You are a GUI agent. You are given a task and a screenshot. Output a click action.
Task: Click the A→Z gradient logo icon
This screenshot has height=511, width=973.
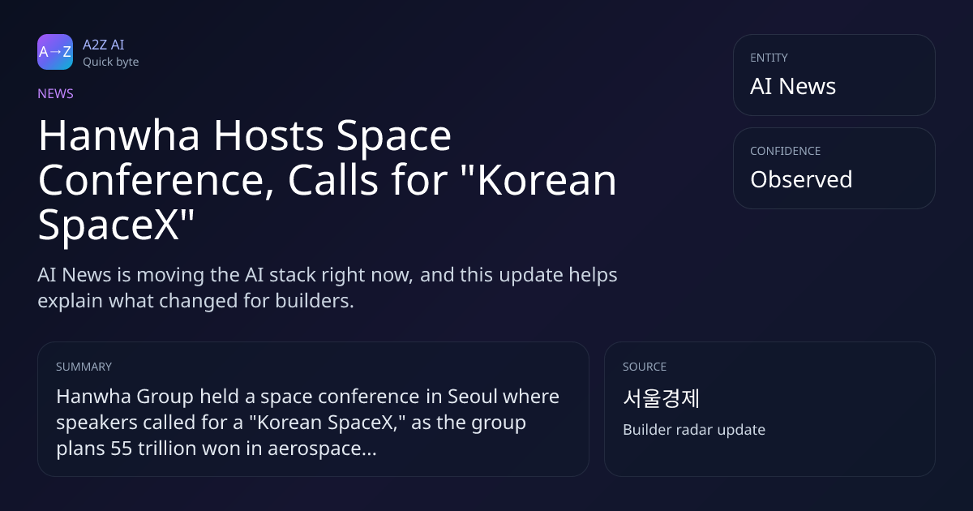click(55, 52)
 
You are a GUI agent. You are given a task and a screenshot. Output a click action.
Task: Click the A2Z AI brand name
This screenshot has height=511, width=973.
click(104, 45)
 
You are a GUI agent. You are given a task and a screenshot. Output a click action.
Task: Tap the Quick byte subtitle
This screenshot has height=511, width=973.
click(111, 62)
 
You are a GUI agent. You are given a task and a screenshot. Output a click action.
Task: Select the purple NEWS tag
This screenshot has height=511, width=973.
click(56, 94)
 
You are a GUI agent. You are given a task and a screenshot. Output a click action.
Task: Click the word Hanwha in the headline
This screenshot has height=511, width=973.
click(119, 135)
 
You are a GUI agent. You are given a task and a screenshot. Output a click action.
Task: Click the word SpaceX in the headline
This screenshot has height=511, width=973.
click(109, 225)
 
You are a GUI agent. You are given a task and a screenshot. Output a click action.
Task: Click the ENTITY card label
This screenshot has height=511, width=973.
click(769, 58)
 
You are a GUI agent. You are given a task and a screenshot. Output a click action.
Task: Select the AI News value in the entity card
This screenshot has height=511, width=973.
click(793, 86)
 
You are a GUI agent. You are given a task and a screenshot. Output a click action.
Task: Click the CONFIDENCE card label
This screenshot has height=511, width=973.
click(786, 151)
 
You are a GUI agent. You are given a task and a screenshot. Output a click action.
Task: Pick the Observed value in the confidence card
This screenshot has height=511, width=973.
click(801, 179)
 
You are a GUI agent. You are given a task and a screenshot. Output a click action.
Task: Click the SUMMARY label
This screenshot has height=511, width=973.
click(84, 367)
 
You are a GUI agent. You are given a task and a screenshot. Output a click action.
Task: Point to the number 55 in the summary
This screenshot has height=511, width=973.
click(121, 449)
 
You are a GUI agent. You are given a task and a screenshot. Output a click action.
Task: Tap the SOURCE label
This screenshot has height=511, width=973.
click(645, 367)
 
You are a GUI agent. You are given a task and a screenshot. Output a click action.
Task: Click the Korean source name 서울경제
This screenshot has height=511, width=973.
click(661, 398)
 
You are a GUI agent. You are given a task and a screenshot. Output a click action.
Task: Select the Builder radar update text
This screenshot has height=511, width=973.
click(694, 430)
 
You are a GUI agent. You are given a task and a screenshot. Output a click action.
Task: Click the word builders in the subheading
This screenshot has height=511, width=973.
click(315, 301)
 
